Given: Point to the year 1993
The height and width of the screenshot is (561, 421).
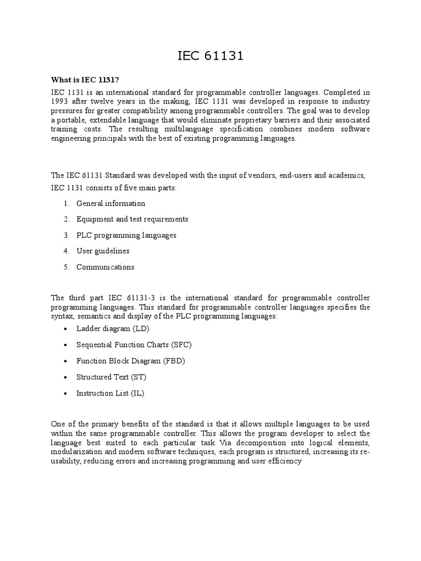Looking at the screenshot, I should [x=60, y=102].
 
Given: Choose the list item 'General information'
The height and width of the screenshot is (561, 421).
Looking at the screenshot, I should [x=111, y=203].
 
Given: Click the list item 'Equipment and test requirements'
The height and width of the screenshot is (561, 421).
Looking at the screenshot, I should [x=132, y=219].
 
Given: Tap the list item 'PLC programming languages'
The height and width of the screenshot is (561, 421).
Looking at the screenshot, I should [x=126, y=235].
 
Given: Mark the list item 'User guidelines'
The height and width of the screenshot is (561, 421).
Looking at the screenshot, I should [x=103, y=251].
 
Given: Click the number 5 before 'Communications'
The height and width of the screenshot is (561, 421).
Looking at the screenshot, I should [x=66, y=267].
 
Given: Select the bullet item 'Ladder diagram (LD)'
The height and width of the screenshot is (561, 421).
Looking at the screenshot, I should [x=113, y=329].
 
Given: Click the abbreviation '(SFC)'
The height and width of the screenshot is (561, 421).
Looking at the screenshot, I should [x=181, y=345].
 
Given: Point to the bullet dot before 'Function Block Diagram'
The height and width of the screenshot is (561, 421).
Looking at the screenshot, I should [x=66, y=361].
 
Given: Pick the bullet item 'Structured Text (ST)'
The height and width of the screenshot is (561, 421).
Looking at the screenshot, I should [x=111, y=377].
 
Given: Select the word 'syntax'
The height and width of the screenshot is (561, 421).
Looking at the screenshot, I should [x=61, y=317].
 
